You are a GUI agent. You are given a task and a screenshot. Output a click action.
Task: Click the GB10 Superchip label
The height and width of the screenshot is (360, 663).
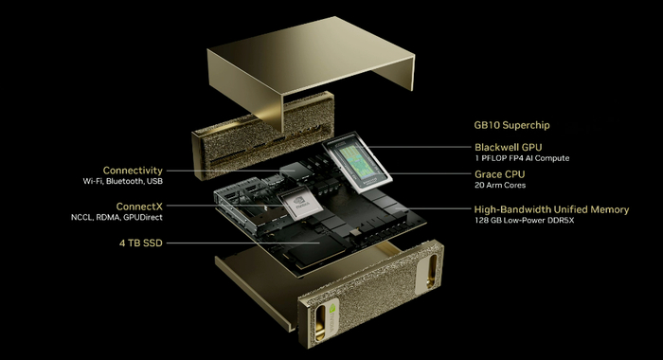[511, 125]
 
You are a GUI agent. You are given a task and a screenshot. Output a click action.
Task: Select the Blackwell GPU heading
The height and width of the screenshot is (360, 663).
[509, 147]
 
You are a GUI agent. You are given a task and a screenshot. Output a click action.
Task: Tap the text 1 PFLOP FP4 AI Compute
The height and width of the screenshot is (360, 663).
[522, 158]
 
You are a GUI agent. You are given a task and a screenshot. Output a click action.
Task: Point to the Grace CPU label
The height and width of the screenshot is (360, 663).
[500, 174]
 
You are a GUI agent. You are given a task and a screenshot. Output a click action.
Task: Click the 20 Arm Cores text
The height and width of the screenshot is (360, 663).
[500, 186]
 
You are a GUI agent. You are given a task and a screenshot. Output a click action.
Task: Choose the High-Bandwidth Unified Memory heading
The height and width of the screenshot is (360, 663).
[551, 209]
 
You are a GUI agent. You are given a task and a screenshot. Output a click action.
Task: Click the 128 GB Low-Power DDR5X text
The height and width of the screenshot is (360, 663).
[525, 221]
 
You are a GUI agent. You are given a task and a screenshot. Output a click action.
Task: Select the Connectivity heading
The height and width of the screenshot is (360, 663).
[133, 171]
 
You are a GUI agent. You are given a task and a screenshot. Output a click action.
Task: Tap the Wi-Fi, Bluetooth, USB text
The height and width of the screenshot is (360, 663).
[122, 181]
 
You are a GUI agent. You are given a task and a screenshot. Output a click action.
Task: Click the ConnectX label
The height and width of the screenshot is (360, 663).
[139, 207]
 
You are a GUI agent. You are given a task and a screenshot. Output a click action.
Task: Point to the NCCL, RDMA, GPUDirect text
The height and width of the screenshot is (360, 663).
[116, 218]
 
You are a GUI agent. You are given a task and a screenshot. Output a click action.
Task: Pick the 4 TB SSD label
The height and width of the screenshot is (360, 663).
[141, 243]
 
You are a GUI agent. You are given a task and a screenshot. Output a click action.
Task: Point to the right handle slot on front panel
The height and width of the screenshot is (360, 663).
[431, 271]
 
